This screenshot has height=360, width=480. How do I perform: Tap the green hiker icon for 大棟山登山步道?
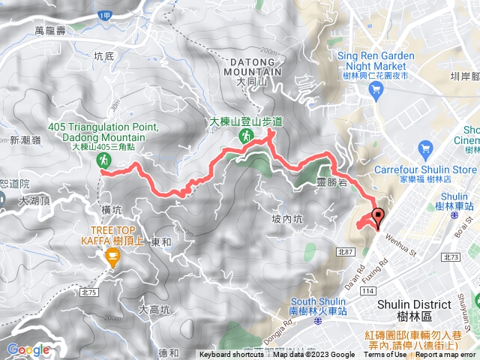[245, 136]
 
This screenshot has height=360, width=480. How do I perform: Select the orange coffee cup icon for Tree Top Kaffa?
[113, 259]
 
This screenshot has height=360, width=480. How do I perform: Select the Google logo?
[28, 349]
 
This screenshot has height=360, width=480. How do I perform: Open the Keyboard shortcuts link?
[232, 355]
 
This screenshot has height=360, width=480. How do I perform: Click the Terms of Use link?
[384, 355]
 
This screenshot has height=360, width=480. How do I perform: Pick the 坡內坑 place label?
[286, 219]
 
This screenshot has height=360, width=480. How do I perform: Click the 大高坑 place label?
[155, 308]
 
